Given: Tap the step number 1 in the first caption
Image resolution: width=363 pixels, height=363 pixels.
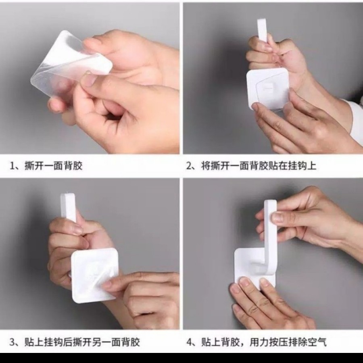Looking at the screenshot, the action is (12, 166).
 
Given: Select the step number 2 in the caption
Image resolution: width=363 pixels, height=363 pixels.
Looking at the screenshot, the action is (189, 166).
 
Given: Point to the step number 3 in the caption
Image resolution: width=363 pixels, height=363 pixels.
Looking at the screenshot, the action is (12, 342).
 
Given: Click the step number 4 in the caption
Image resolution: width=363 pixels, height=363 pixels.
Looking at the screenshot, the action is (190, 342).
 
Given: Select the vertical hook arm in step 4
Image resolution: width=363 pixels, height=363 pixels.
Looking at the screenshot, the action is (270, 234).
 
